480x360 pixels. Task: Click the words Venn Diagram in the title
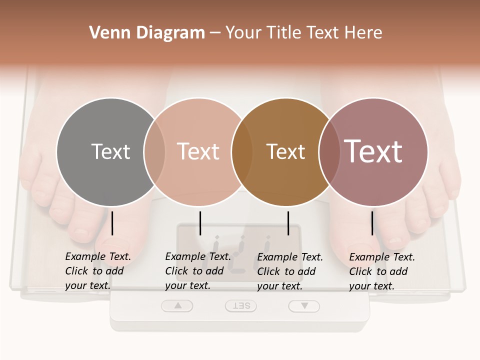coord(147,33)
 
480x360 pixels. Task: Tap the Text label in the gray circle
coord(110,151)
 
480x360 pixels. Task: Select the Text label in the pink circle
coord(198,151)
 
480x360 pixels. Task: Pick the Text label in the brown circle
coord(285,151)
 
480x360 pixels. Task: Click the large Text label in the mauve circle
coord(373,151)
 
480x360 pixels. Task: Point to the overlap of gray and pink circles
coord(154,151)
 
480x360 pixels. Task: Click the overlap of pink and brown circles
coord(242,151)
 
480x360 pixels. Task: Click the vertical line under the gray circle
coord(112,223)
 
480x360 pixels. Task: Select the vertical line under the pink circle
coord(200,223)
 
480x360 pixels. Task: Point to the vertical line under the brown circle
coord(288,223)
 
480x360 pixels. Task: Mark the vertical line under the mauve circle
coord(372,223)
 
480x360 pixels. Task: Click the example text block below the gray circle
coord(98,271)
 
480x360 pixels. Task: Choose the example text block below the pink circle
coord(198,271)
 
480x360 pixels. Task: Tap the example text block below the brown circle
coord(290,271)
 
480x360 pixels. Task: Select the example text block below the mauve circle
coord(382,271)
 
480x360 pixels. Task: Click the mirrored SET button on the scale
coord(240,306)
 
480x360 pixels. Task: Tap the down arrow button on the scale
coord(303,306)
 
